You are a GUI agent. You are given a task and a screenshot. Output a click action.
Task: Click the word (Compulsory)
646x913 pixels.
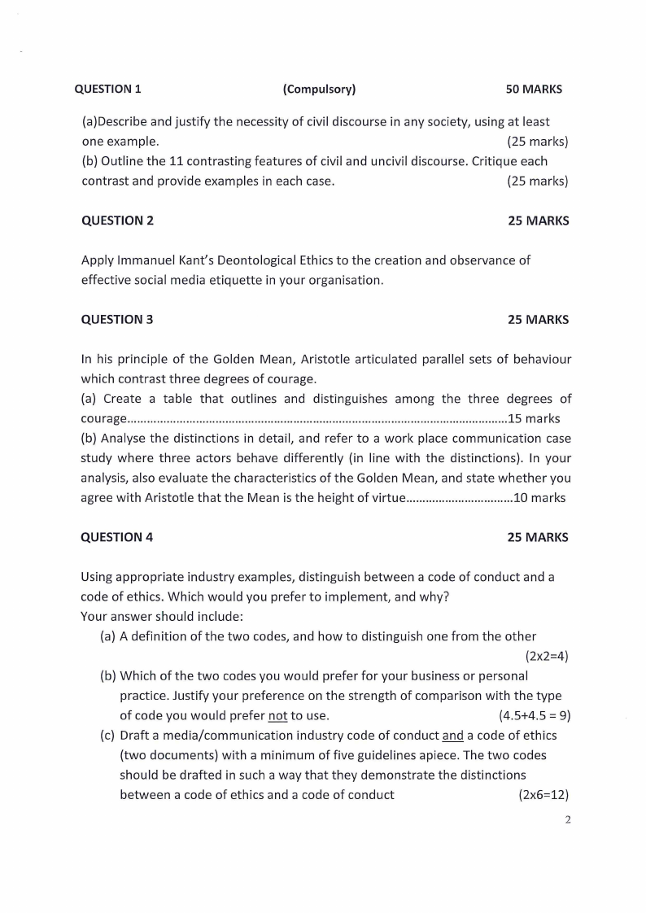pyautogui.click(x=319, y=89)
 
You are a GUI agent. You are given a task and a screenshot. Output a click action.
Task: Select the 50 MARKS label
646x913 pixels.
pyautogui.click(x=534, y=89)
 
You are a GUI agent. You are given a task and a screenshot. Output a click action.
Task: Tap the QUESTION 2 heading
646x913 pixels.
pyautogui.click(x=117, y=221)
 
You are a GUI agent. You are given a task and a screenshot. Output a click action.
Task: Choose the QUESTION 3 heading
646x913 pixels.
pyautogui.click(x=117, y=320)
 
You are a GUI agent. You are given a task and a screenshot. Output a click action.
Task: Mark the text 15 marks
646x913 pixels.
pyautogui.click(x=534, y=419)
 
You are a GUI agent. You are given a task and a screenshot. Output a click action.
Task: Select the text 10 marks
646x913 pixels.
pyautogui.click(x=539, y=498)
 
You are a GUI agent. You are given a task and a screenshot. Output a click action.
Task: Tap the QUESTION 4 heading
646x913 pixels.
pyautogui.click(x=117, y=537)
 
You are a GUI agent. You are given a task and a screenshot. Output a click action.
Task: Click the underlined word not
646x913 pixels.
pyautogui.click(x=277, y=716)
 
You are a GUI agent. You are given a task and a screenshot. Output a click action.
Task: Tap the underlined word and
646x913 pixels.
pyautogui.click(x=452, y=736)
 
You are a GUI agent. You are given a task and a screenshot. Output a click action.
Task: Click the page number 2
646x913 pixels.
pyautogui.click(x=568, y=819)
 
